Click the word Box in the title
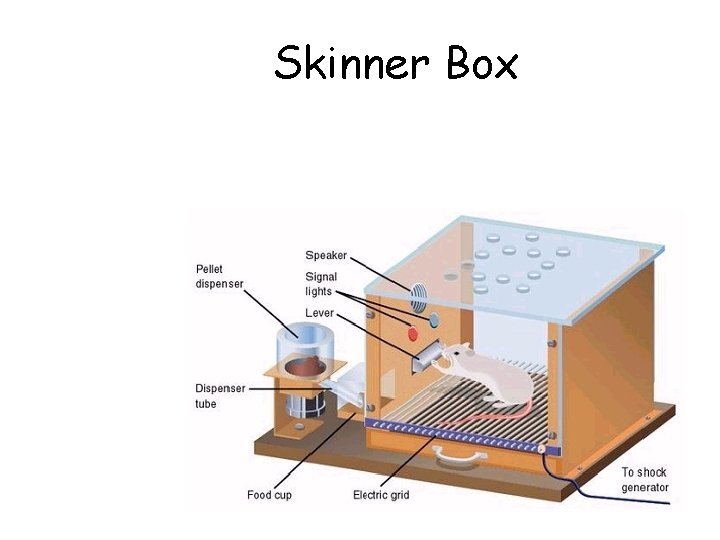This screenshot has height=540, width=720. [x=482, y=64]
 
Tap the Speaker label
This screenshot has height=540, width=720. [x=327, y=255]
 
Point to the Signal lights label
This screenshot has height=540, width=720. [x=321, y=283]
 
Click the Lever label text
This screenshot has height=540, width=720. [x=320, y=313]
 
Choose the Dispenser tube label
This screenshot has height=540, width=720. [x=219, y=396]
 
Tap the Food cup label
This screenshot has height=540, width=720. [x=269, y=495]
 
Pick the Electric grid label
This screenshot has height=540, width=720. [x=381, y=495]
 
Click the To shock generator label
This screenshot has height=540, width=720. [x=644, y=480]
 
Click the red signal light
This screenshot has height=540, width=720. [x=410, y=332]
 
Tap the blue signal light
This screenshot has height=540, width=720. [x=433, y=322]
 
